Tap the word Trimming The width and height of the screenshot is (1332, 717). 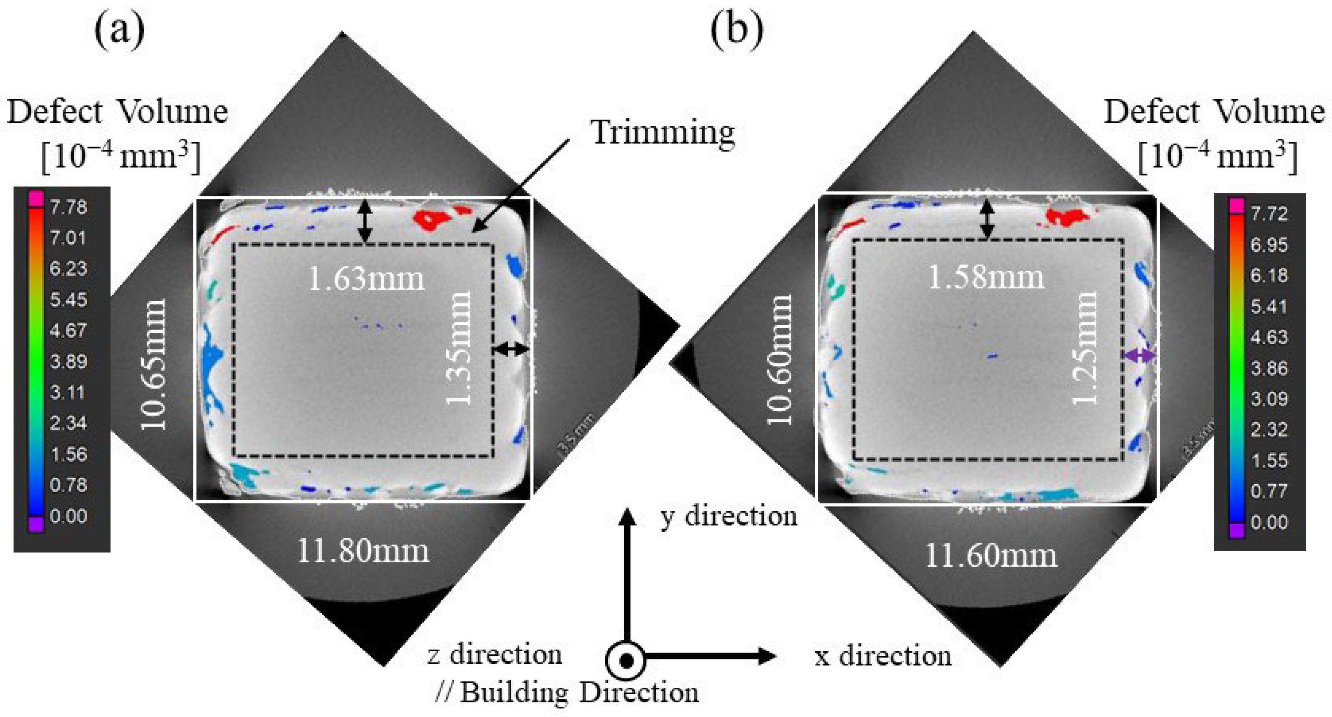tap(663, 132)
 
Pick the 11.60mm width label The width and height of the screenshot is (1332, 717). tap(990, 556)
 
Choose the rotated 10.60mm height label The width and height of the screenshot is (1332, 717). tap(779, 360)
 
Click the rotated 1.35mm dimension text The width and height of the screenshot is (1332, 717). tap(458, 348)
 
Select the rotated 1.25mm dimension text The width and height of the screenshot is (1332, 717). tap(1084, 348)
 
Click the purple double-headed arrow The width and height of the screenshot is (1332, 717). tap(1140, 355)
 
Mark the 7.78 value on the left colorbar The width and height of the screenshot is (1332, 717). tap(68, 207)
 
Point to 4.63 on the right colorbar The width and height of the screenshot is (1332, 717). tap(1269, 337)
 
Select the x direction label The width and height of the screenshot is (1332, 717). tap(883, 656)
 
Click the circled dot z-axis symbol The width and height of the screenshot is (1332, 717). tap(626, 661)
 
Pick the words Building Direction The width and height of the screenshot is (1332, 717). tap(579, 692)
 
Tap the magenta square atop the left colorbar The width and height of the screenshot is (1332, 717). tap(36, 198)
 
